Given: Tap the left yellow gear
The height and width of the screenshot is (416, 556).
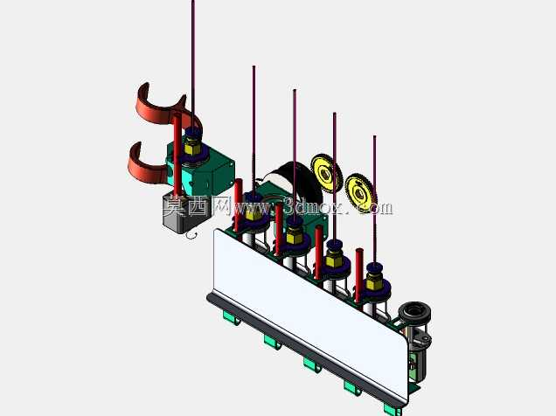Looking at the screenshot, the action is (326, 173).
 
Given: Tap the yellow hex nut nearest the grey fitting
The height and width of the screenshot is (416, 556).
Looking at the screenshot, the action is (373, 282).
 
